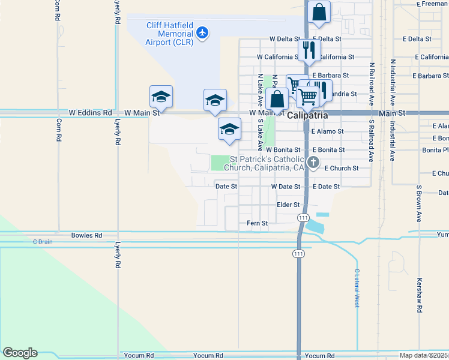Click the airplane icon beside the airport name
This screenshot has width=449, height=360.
tap(203, 32)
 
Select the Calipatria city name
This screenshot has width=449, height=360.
tap(307, 115)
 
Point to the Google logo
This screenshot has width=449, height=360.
tap(20, 353)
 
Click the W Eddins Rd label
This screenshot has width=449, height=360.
tap(90, 112)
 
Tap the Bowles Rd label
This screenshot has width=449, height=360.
tap(86, 235)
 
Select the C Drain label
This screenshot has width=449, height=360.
tap(43, 242)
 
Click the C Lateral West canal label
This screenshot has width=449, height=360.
tap(357, 288)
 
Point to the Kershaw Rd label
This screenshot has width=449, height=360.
tap(420, 297)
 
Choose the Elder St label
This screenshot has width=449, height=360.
tap(288, 205)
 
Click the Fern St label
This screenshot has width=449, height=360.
tap(257, 223)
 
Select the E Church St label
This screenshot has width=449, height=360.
tap(341, 169)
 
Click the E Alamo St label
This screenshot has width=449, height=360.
tap(328, 131)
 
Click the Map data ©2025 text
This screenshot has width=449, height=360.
tap(424, 355)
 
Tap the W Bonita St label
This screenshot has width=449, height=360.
tap(283, 149)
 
